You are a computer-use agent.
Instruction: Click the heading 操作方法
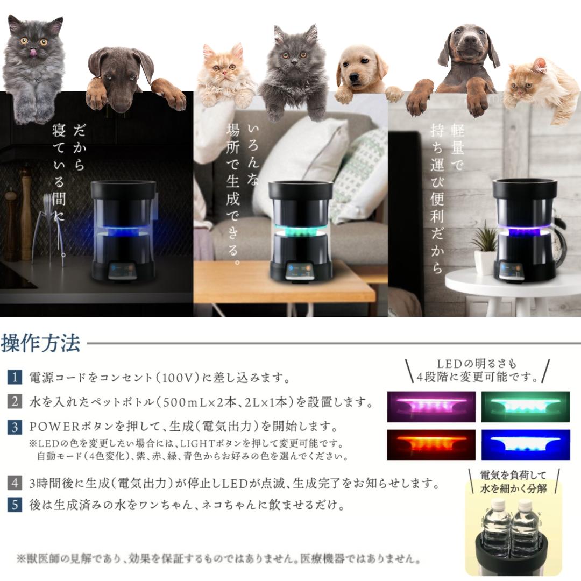(x=40, y=343)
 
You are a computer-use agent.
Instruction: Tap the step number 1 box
(x=15, y=377)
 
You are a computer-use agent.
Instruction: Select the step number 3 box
(x=15, y=427)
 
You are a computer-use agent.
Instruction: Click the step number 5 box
(x=15, y=506)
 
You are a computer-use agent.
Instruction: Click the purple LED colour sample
(x=431, y=406)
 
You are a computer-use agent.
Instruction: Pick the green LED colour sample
(x=526, y=406)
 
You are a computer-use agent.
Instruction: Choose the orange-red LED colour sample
(x=431, y=444)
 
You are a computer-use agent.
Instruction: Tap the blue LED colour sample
(x=526, y=444)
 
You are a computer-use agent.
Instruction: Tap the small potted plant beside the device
(x=486, y=251)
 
